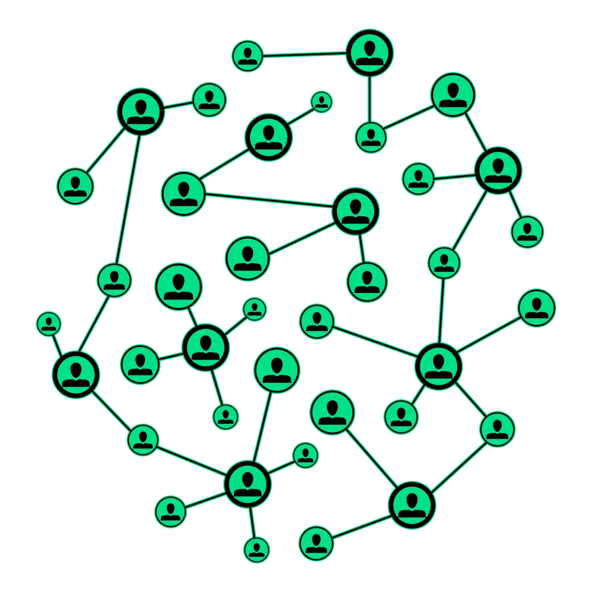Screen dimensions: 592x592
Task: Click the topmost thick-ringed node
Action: [370, 53]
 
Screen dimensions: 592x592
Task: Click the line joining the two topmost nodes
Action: [303, 55]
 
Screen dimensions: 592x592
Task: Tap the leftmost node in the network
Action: [48, 324]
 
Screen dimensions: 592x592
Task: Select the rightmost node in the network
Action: [537, 308]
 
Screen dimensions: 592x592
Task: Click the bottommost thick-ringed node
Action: [411, 505]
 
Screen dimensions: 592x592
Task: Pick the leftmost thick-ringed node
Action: [75, 375]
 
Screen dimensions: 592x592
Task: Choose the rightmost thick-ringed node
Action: [498, 170]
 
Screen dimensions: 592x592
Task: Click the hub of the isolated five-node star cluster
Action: [205, 347]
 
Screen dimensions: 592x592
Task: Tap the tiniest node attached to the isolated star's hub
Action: [255, 309]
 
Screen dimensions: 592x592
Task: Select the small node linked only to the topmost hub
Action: [248, 56]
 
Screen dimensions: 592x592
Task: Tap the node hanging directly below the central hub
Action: [367, 282]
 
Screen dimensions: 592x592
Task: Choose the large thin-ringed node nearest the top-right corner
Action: [453, 94]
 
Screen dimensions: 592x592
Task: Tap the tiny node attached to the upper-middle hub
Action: [322, 102]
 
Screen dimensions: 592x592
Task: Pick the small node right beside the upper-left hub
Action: [209, 100]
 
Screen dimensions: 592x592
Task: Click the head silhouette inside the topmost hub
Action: [370, 48]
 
